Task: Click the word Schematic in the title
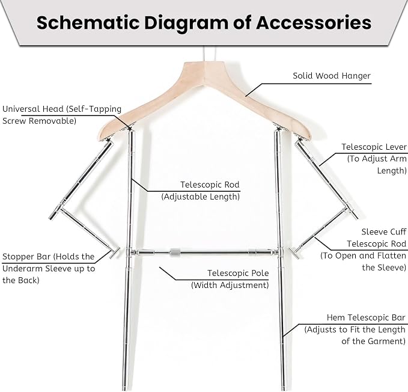88,23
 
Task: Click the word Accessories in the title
314,23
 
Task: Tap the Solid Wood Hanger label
332,76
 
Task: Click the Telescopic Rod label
210,185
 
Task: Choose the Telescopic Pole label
238,273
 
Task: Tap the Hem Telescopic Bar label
366,317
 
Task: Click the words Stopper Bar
26,257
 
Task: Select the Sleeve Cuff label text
384,231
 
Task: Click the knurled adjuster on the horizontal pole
175,253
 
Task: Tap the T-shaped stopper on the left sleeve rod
114,253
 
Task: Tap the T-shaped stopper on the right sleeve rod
294,253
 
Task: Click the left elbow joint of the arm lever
58,209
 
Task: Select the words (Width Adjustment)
230,285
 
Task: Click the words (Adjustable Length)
200,197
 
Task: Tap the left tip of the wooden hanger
99,136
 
